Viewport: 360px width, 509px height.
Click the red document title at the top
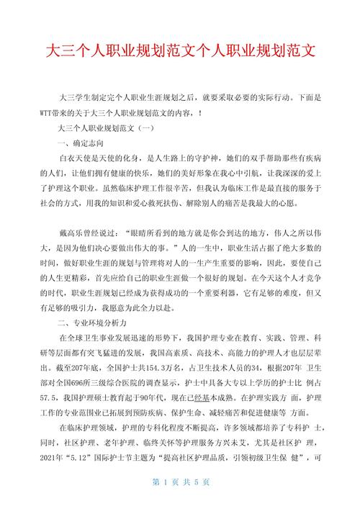point(180,53)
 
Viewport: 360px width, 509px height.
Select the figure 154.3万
point(169,366)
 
